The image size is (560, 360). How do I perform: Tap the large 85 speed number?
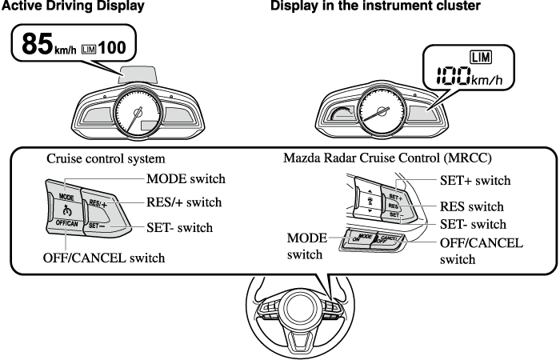pyautogui.click(x=37, y=45)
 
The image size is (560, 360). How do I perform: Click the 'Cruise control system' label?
pyautogui.click(x=106, y=158)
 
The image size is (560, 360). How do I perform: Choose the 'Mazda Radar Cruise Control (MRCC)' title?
pyautogui.click(x=387, y=158)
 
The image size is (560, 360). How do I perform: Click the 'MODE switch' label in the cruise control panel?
pyautogui.click(x=186, y=178)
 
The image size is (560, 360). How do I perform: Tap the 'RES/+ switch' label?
pyautogui.click(x=183, y=202)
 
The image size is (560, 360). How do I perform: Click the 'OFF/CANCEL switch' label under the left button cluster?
pyautogui.click(x=103, y=258)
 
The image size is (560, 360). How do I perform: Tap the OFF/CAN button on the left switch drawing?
pyautogui.click(x=66, y=224)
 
